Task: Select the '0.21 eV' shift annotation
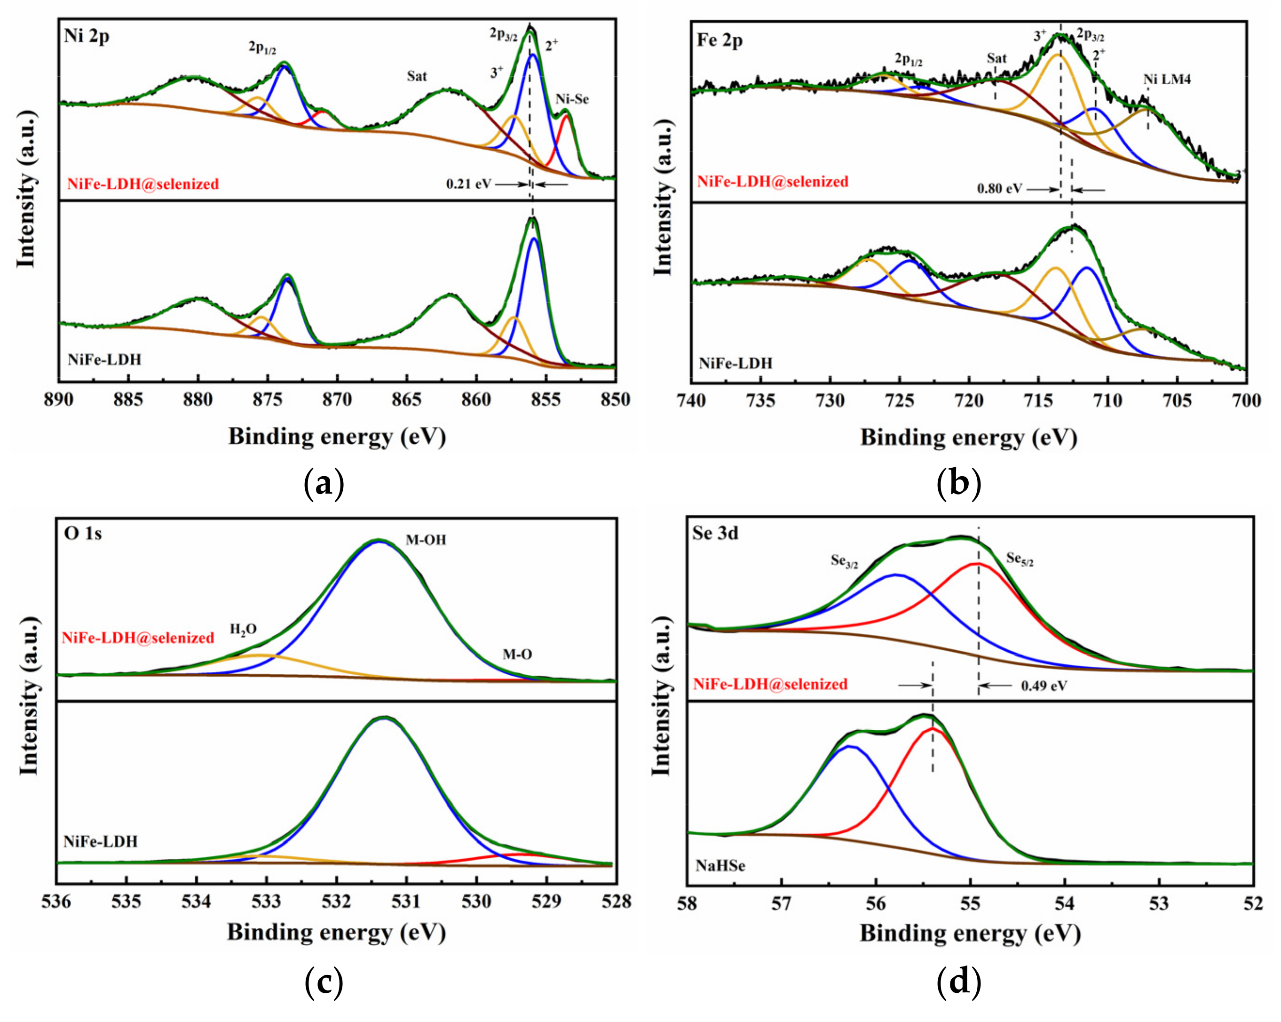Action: pyautogui.click(x=469, y=184)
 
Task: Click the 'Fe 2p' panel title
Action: pyautogui.click(x=720, y=41)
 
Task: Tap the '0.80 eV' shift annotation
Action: pyautogui.click(x=999, y=189)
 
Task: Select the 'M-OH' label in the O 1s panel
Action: pyautogui.click(x=426, y=540)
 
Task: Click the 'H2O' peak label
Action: pyautogui.click(x=244, y=630)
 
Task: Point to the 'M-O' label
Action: pyautogui.click(x=517, y=655)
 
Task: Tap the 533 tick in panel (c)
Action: pyautogui.click(x=266, y=902)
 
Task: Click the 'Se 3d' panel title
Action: pyautogui.click(x=715, y=533)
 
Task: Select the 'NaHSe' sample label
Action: pyautogui.click(x=720, y=866)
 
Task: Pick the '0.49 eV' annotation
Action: pyautogui.click(x=1044, y=686)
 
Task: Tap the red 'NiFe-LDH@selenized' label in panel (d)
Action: pyautogui.click(x=770, y=684)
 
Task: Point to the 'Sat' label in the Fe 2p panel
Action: pyautogui.click(x=996, y=58)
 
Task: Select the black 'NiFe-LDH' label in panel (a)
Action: pyautogui.click(x=104, y=359)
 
